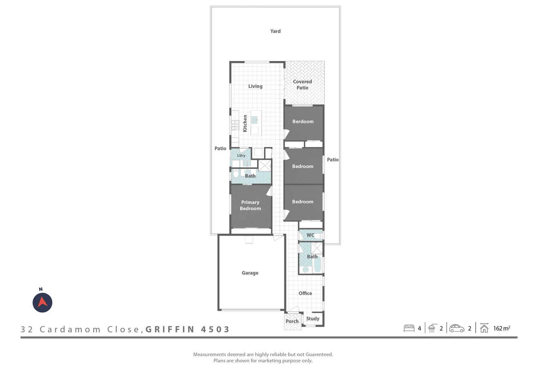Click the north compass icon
(x=42, y=302)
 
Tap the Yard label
(x=275, y=31)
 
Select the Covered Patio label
(x=302, y=85)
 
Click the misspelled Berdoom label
(x=303, y=121)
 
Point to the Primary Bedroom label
(x=250, y=205)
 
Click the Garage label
(x=250, y=273)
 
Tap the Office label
(x=305, y=293)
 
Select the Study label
(x=313, y=319)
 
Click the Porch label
(x=292, y=321)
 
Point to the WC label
(x=310, y=235)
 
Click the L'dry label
(x=241, y=156)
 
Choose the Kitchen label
(x=245, y=123)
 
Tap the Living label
(x=255, y=86)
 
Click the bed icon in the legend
(x=409, y=328)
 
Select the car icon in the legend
(x=456, y=328)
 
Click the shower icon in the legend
(x=432, y=328)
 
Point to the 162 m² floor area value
(x=501, y=328)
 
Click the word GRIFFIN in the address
(x=170, y=329)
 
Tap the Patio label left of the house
(x=220, y=149)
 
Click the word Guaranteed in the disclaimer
(x=319, y=354)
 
